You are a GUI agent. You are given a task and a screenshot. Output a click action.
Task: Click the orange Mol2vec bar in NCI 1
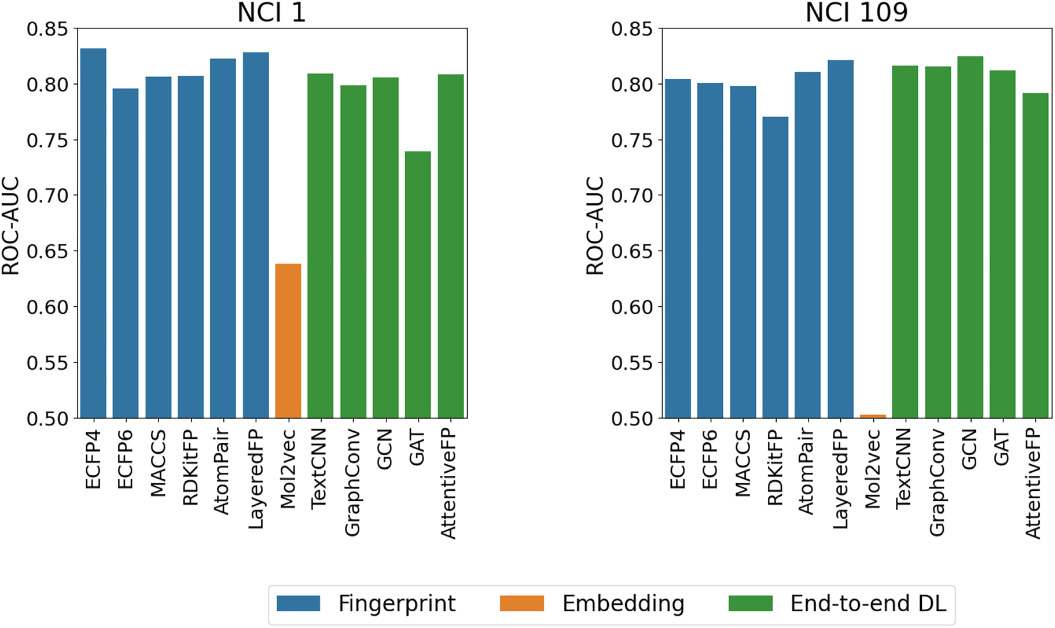point(288,341)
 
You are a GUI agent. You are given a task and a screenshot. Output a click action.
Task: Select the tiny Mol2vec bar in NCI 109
point(873,416)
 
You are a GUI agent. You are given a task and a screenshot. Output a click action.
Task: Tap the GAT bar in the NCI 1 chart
point(417,284)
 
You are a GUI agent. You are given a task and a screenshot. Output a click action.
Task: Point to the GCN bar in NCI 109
point(970,237)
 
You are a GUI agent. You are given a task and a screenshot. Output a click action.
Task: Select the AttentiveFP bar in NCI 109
point(1035,255)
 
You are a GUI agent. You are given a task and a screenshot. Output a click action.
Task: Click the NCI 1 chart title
point(271,13)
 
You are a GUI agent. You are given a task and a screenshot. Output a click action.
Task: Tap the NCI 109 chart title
point(857,13)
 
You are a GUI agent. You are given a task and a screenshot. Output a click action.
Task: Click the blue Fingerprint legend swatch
point(298,604)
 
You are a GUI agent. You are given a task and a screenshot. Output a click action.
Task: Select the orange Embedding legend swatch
point(521,604)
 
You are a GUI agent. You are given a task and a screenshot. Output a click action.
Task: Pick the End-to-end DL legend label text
point(868,604)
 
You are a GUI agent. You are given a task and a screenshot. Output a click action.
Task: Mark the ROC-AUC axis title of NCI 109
point(595,226)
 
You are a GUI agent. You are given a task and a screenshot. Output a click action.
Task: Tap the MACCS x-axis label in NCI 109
point(742,463)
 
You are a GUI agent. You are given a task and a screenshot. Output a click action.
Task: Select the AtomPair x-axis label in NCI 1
point(222,472)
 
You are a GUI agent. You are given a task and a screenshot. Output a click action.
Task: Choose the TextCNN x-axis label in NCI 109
point(905,469)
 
